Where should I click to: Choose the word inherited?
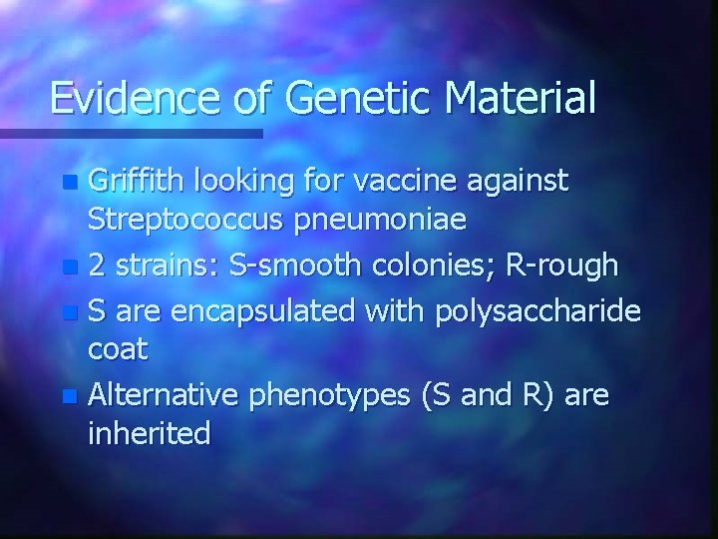(149, 434)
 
